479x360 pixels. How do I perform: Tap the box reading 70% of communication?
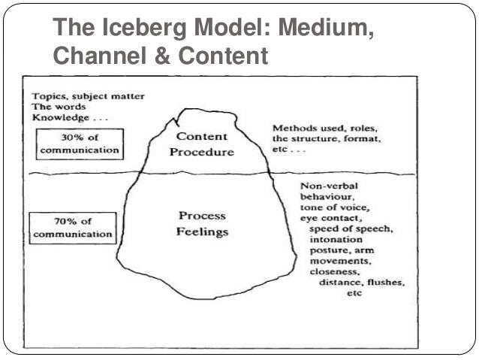(x=72, y=226)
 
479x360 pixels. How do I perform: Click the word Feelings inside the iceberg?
(x=201, y=232)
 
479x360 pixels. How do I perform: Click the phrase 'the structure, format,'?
(x=324, y=139)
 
